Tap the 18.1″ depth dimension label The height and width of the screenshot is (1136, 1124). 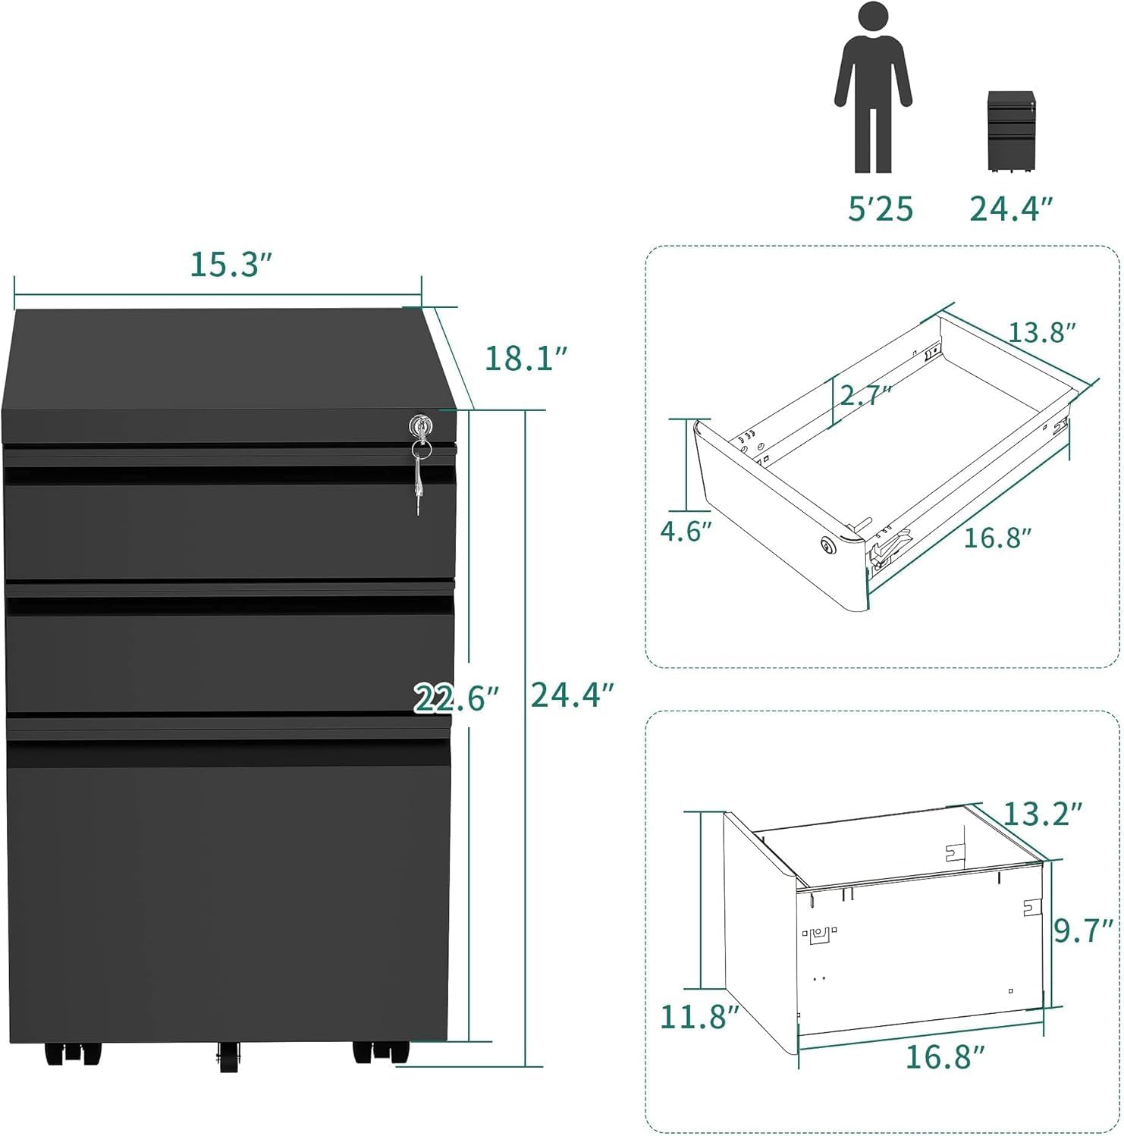tap(526, 357)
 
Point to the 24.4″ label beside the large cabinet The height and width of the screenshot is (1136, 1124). tap(572, 694)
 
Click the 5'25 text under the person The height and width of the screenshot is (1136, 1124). tap(881, 209)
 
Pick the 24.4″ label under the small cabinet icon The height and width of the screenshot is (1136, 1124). tap(1013, 209)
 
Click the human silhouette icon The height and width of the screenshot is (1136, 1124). tap(872, 87)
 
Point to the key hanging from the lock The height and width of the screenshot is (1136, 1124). tap(418, 482)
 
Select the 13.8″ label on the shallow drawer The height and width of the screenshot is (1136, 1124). tap(1041, 332)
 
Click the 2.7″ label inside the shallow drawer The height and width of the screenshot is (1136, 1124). tap(863, 395)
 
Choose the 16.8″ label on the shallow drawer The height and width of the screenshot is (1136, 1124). tap(998, 538)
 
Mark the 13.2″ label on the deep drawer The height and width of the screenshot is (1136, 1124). tap(1041, 814)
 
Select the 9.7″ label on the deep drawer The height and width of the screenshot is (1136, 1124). tap(1084, 930)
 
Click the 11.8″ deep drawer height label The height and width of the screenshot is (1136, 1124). tap(699, 1016)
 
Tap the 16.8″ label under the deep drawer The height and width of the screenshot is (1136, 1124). tap(945, 1056)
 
